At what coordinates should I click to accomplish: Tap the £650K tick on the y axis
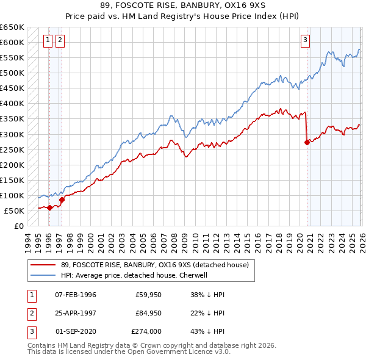12,27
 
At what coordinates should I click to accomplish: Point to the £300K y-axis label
12,134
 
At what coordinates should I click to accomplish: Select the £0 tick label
19,226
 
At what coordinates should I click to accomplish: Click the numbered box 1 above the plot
49,41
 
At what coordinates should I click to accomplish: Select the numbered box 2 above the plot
61,41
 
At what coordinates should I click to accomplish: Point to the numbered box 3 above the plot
305,41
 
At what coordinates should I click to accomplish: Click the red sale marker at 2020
306,142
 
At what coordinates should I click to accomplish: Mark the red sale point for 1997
62,200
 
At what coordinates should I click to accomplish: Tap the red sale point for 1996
49,207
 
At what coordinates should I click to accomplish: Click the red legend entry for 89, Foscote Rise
154,265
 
